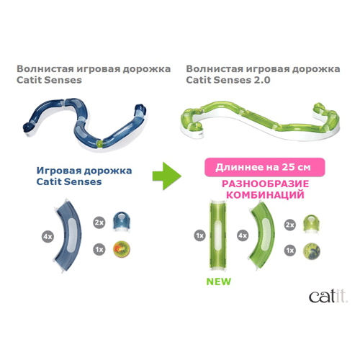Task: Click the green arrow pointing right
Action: (167, 176)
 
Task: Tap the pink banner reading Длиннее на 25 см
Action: (264, 167)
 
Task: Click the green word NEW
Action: (219, 282)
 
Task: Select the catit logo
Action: (328, 297)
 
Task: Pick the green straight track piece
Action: (218, 237)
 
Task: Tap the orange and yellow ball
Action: (122, 249)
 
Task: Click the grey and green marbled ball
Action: (311, 251)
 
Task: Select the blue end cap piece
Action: (122, 221)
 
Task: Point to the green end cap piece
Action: (311, 224)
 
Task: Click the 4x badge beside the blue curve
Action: (48, 237)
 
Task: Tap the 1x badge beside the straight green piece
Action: (200, 235)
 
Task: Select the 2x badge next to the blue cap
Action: (99, 222)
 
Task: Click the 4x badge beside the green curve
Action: (243, 235)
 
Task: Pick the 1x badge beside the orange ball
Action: (99, 250)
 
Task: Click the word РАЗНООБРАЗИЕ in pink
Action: (265, 184)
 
